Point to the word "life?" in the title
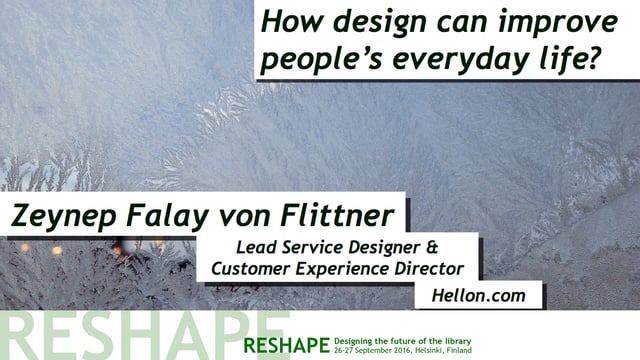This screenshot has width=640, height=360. (x=572, y=60)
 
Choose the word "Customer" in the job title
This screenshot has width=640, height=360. (x=251, y=269)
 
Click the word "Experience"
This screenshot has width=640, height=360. (x=346, y=269)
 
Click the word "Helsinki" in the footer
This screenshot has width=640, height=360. (x=443, y=351)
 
